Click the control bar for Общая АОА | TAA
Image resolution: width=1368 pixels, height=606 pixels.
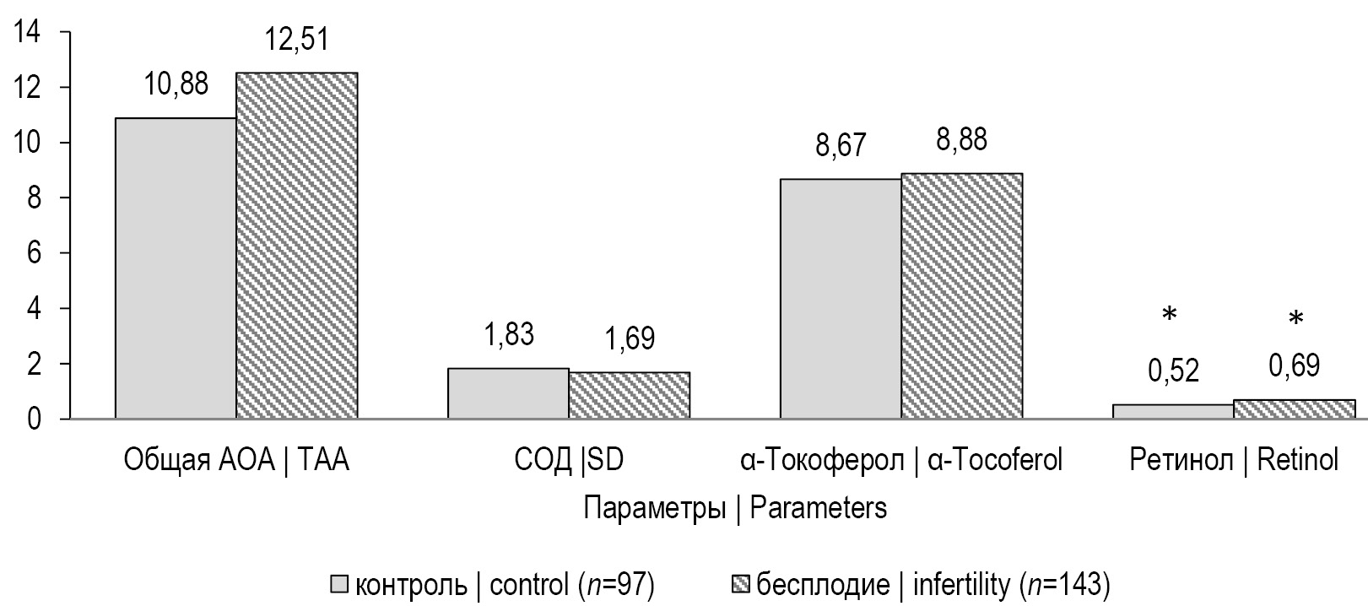176,268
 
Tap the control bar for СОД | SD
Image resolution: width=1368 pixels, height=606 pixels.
508,392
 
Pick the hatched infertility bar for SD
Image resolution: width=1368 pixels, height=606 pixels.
629,395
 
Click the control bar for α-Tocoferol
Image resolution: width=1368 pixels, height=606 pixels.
841,298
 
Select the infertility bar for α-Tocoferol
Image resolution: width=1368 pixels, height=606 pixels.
961,295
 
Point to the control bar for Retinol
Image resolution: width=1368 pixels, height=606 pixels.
1173,411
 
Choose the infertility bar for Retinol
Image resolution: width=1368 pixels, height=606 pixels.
1294,409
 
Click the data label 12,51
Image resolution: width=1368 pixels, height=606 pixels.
295,39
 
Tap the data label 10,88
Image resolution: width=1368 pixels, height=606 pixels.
176,84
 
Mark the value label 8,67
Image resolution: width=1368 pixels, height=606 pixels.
841,145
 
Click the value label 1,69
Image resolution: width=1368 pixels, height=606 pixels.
629,338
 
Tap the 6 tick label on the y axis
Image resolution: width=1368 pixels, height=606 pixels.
33,253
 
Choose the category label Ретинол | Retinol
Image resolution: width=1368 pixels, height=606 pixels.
1234,460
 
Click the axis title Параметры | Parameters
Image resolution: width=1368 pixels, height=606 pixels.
734,508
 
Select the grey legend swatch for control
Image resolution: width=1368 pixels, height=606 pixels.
340,584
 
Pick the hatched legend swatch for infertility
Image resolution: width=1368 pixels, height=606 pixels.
739,584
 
